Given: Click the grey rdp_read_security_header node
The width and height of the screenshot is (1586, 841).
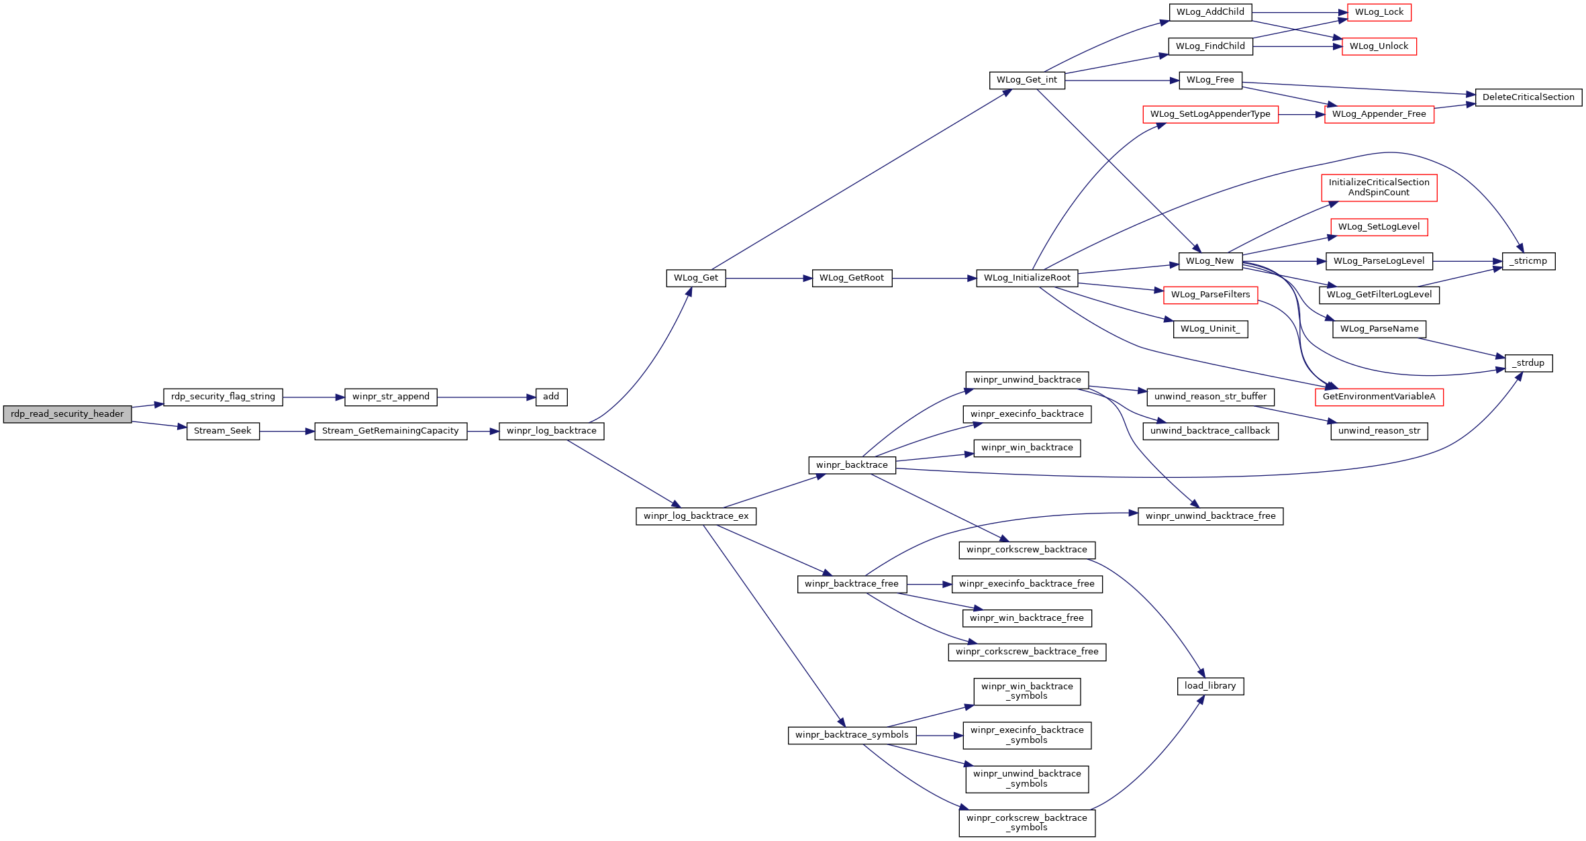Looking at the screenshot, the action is [x=67, y=414].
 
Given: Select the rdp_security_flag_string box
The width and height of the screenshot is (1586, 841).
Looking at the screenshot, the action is [x=223, y=397].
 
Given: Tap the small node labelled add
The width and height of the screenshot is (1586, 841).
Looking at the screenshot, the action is [x=551, y=397].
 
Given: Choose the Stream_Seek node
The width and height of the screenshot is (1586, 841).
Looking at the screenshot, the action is [x=223, y=431].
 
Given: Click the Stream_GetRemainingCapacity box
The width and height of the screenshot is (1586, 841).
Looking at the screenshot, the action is [x=391, y=431].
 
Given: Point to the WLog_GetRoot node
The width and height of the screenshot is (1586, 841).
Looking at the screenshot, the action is [x=852, y=278].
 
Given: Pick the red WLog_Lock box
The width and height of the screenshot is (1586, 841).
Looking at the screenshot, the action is [x=1379, y=12].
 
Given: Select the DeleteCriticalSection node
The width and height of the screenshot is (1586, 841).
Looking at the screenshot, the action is [x=1528, y=97].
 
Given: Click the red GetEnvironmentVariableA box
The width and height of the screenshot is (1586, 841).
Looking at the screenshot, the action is [x=1379, y=397].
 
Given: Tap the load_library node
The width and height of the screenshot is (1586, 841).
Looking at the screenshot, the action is [x=1210, y=686].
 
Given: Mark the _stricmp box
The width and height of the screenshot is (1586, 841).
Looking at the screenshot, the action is [x=1528, y=261].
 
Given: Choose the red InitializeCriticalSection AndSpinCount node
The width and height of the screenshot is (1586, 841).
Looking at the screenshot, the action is [x=1379, y=187].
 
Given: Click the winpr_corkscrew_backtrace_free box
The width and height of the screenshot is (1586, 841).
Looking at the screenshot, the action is [x=1027, y=652].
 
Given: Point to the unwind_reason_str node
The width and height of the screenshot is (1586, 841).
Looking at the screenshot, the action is [x=1379, y=431].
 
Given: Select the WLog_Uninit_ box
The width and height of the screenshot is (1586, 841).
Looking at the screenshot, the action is [x=1210, y=329].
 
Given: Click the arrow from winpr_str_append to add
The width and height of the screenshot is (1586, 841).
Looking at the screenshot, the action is [x=487, y=397].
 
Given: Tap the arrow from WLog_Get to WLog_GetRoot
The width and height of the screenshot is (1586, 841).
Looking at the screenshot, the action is [x=769, y=278].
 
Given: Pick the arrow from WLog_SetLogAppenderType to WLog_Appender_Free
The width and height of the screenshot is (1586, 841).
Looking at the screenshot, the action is [x=1301, y=115].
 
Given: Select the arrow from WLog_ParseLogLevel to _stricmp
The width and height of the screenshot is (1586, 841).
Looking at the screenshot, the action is [x=1467, y=261].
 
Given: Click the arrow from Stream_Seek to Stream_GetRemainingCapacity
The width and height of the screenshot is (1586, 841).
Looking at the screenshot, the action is [x=287, y=431].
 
